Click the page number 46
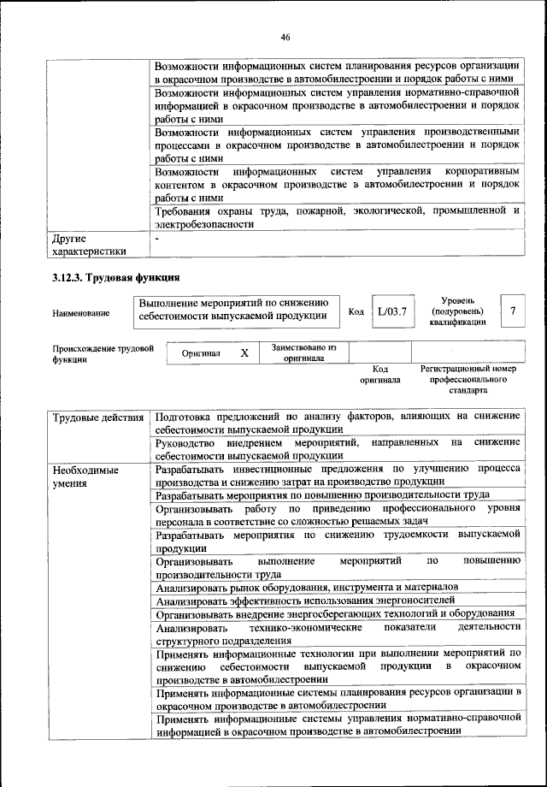point(285,36)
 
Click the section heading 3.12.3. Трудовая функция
point(115,278)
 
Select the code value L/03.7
point(394,311)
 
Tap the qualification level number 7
point(512,311)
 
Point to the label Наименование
point(81,314)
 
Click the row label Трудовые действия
point(97,417)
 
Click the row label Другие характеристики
point(89,245)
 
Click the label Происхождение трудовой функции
point(103,354)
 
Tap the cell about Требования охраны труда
point(337,217)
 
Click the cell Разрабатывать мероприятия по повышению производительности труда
point(322,495)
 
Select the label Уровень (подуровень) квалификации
point(465,311)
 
